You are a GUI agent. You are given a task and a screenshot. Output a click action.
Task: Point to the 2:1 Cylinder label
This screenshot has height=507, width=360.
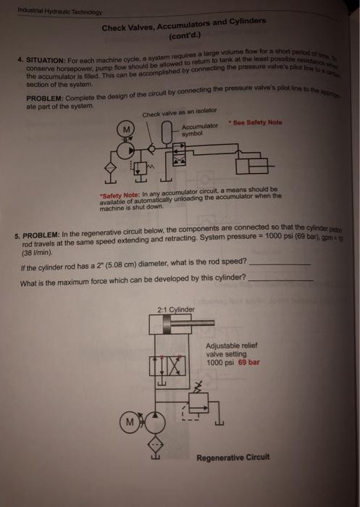[175, 310]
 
